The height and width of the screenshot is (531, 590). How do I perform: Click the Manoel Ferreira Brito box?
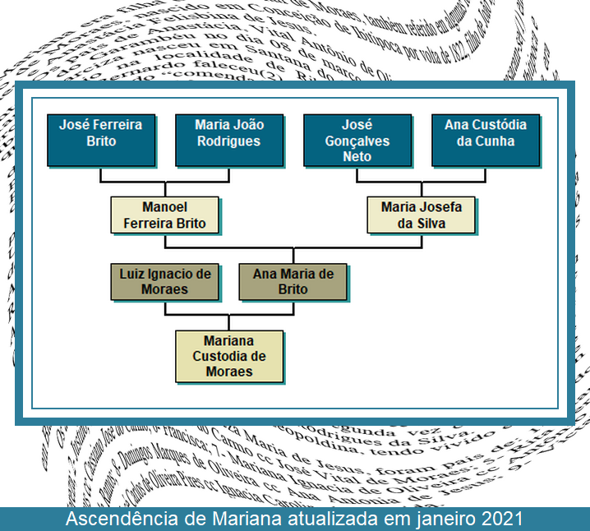tap(164, 215)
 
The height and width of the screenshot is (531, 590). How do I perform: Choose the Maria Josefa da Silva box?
tap(422, 215)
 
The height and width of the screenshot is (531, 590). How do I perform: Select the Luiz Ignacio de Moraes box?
tap(164, 281)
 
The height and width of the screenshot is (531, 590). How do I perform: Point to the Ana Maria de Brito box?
tap(293, 281)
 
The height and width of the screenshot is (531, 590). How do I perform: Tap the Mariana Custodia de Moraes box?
tap(228, 356)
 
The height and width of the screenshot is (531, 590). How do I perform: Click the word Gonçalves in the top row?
tap(357, 141)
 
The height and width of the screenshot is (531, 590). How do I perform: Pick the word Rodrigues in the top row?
tap(228, 141)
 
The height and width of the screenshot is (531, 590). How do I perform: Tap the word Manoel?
tap(164, 207)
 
